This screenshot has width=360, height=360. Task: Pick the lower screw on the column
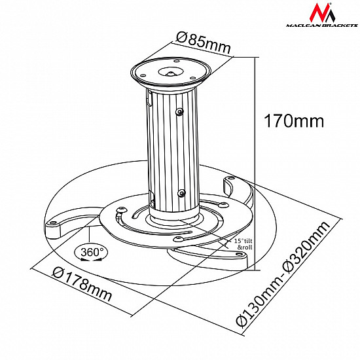pyautogui.click(x=181, y=192)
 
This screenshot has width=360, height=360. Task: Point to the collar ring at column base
pyautogui.click(x=175, y=221)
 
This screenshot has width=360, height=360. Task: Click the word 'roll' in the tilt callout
pyautogui.click(x=246, y=249)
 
